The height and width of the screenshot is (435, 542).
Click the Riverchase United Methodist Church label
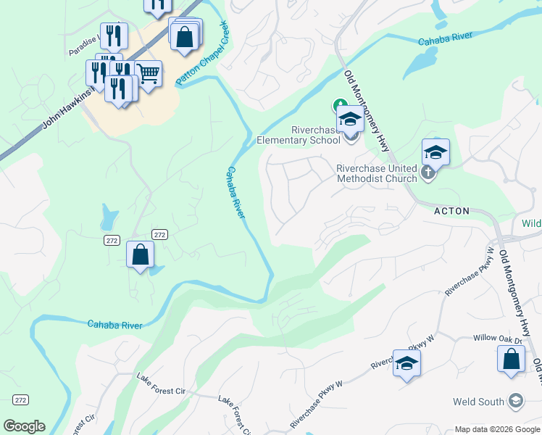coord(376,173)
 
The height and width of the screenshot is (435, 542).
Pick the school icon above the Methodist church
coord(435,152)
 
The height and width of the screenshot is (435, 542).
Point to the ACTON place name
coord(451,211)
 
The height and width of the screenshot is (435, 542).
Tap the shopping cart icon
coord(148,73)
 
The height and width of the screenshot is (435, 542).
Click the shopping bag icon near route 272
coord(140,254)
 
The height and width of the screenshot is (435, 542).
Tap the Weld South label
coord(478,402)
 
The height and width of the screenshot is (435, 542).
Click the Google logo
coord(24,426)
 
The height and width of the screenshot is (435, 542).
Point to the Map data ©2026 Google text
coord(497,429)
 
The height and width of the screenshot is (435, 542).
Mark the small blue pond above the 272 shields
coord(109,215)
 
